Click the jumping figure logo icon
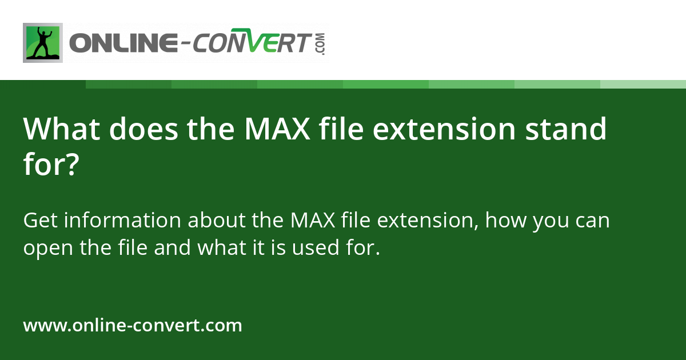click(42, 43)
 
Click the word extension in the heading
click(445, 129)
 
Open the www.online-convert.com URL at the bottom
click(133, 326)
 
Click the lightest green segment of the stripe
click(643, 84)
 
